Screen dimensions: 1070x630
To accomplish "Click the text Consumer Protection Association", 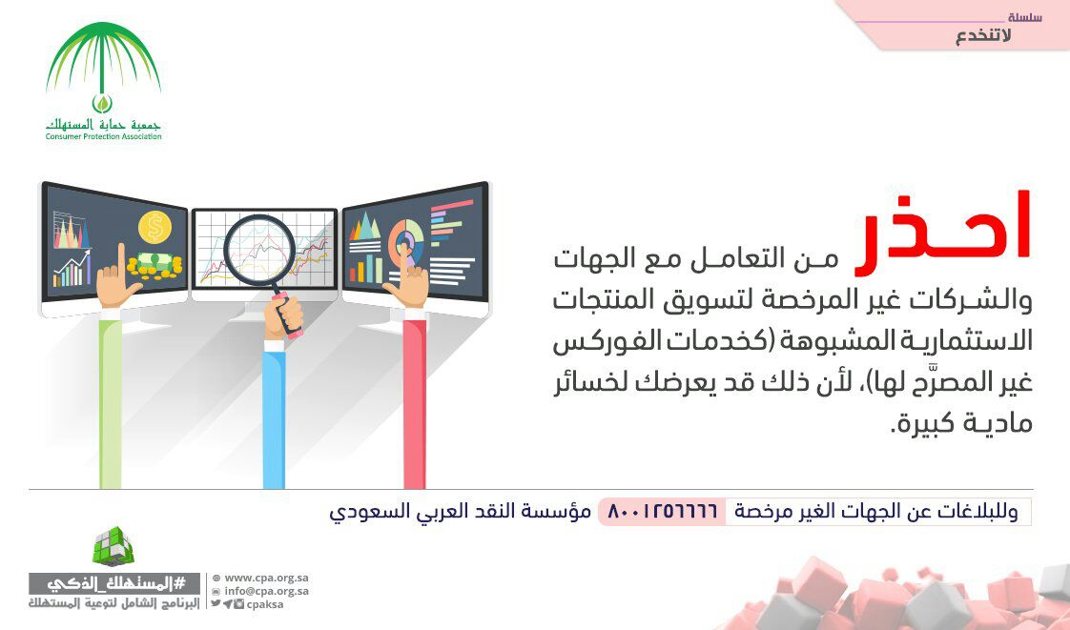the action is pos(104,136).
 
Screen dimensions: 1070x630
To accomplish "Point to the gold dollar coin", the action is pos(154,227).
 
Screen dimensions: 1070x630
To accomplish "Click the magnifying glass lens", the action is pos(259,250).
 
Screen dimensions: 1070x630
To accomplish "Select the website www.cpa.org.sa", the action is pos(266,579).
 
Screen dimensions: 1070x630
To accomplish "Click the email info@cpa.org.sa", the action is pos(266,591).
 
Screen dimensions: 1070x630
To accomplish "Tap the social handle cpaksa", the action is pos(265,604).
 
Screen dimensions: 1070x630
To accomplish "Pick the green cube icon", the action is pos(113,546).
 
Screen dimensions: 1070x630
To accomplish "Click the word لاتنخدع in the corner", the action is pos(982,36).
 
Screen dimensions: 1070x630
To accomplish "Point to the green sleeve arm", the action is pos(110,402).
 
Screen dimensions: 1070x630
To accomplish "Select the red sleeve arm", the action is pos(414,403).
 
